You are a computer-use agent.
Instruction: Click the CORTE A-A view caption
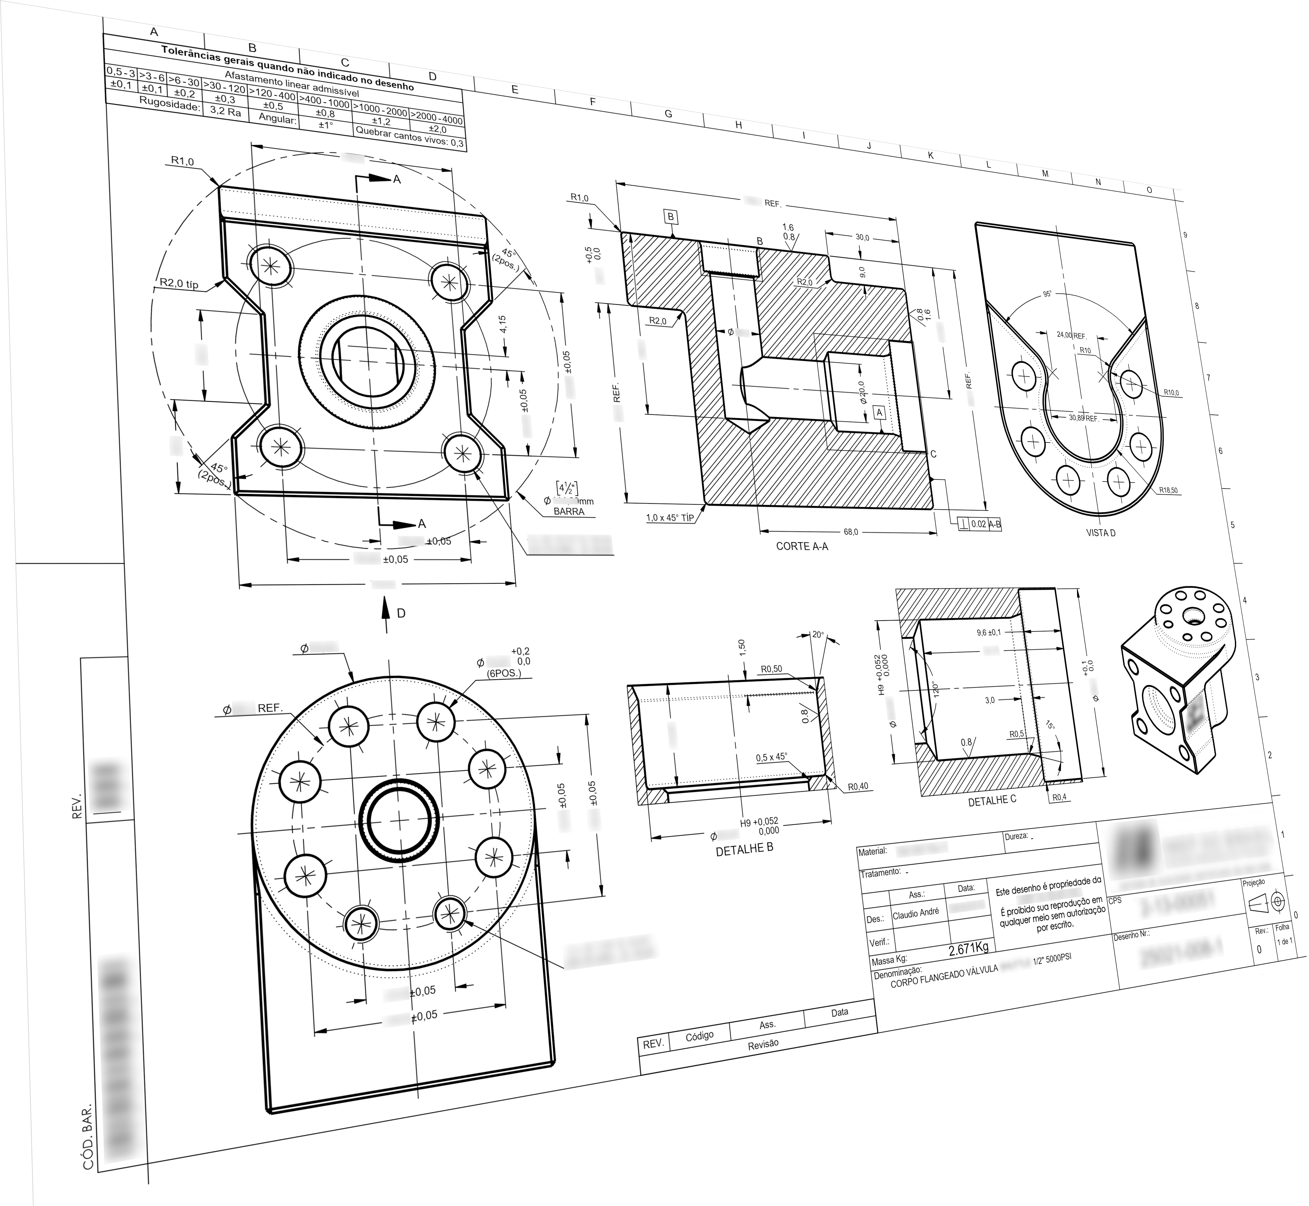pyautogui.click(x=801, y=546)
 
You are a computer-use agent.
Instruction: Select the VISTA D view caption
pyautogui.click(x=1100, y=533)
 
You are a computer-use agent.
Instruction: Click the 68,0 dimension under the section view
pyautogui.click(x=851, y=532)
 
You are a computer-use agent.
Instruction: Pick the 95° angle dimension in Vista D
pyautogui.click(x=1047, y=294)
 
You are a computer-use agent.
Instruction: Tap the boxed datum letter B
pyautogui.click(x=670, y=217)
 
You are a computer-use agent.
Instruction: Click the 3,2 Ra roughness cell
pyautogui.click(x=225, y=112)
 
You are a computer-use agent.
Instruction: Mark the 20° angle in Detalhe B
pyautogui.click(x=818, y=634)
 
